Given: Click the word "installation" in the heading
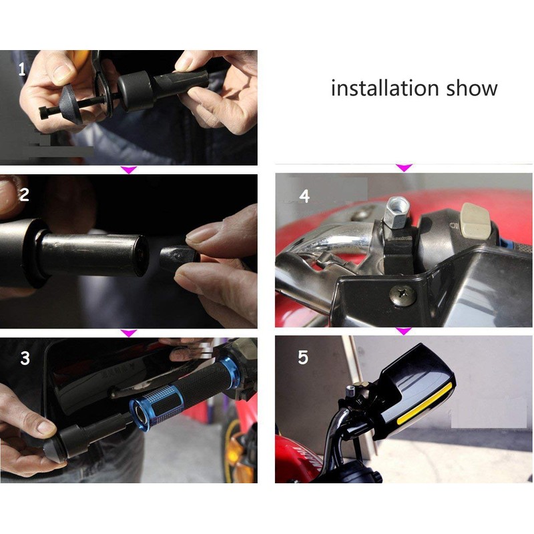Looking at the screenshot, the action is [x=385, y=88].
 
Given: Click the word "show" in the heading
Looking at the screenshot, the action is [x=472, y=88].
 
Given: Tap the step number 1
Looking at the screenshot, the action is [x=22, y=69].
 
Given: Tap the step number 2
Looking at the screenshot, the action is [x=24, y=194].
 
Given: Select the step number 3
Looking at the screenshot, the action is [x=25, y=358].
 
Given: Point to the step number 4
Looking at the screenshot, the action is [x=304, y=196].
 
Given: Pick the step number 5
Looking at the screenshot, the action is [x=303, y=357].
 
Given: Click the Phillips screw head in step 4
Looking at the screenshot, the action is [x=403, y=294].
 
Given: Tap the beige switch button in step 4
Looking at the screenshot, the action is [x=474, y=220].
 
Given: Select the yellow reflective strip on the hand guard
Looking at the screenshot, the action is [x=424, y=404].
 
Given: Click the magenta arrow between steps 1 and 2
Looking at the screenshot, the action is [x=128, y=170].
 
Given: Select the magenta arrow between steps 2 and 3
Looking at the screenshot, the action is [x=128, y=332].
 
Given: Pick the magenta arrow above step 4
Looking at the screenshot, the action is [x=405, y=168].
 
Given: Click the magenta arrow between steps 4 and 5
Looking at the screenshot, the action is [x=405, y=330].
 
